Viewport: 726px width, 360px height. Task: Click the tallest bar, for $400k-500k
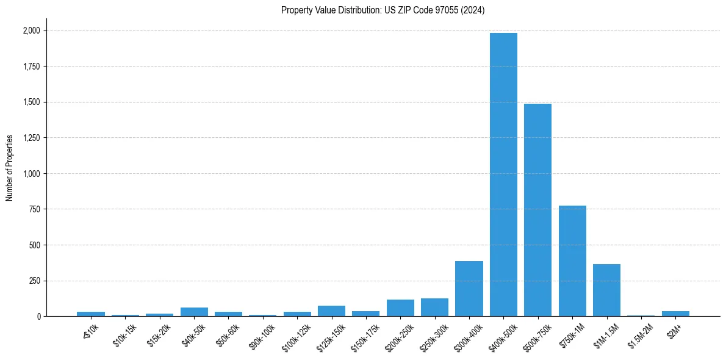(x=503, y=175)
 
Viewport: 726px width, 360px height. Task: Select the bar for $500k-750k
(x=537, y=210)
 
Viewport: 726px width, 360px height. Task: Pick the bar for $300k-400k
(x=469, y=289)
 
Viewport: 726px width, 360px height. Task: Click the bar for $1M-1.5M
(x=606, y=290)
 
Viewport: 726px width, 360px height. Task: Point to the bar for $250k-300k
(x=434, y=308)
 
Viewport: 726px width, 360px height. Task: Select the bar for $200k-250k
(x=400, y=308)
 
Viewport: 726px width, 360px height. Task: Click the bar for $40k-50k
(x=194, y=312)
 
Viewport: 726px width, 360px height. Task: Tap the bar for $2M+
(x=675, y=314)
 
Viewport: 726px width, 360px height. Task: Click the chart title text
(x=383, y=10)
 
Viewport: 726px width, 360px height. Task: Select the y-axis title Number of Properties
(x=10, y=168)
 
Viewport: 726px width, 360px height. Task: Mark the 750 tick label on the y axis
(x=33, y=209)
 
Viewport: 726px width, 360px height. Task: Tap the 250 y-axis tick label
(x=33, y=281)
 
